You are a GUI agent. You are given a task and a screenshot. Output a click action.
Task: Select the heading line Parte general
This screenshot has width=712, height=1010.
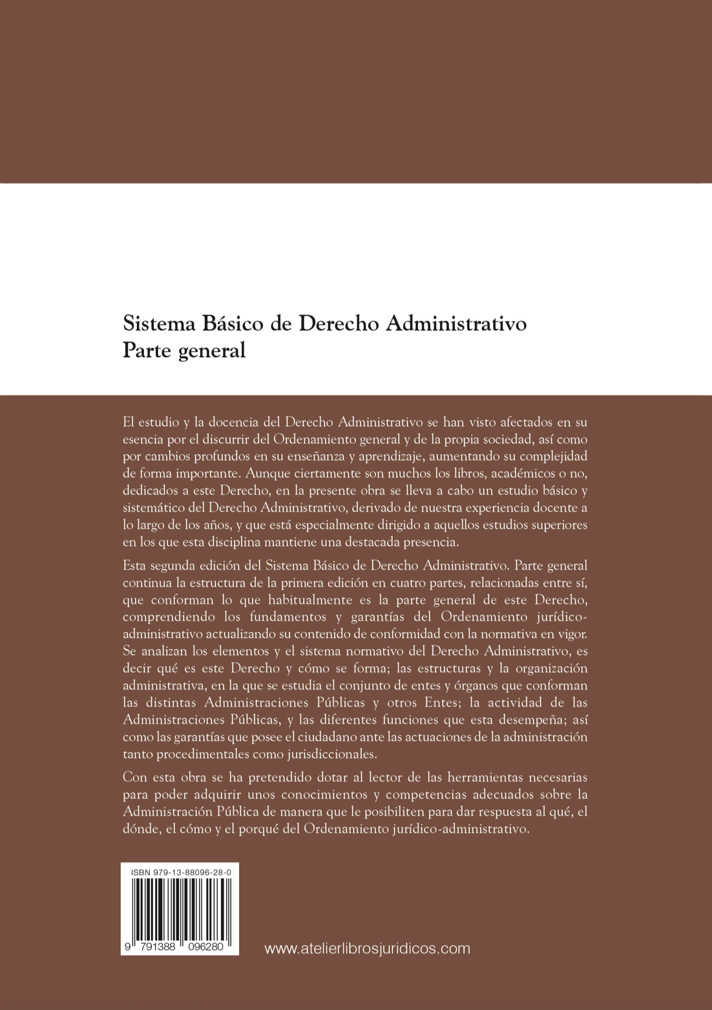184,350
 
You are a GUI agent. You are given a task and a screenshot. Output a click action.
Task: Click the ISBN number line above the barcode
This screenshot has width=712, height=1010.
181,872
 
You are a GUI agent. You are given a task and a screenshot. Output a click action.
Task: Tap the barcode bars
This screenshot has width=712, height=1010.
180,908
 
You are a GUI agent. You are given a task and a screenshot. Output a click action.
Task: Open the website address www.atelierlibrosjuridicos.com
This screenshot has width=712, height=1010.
367,948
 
